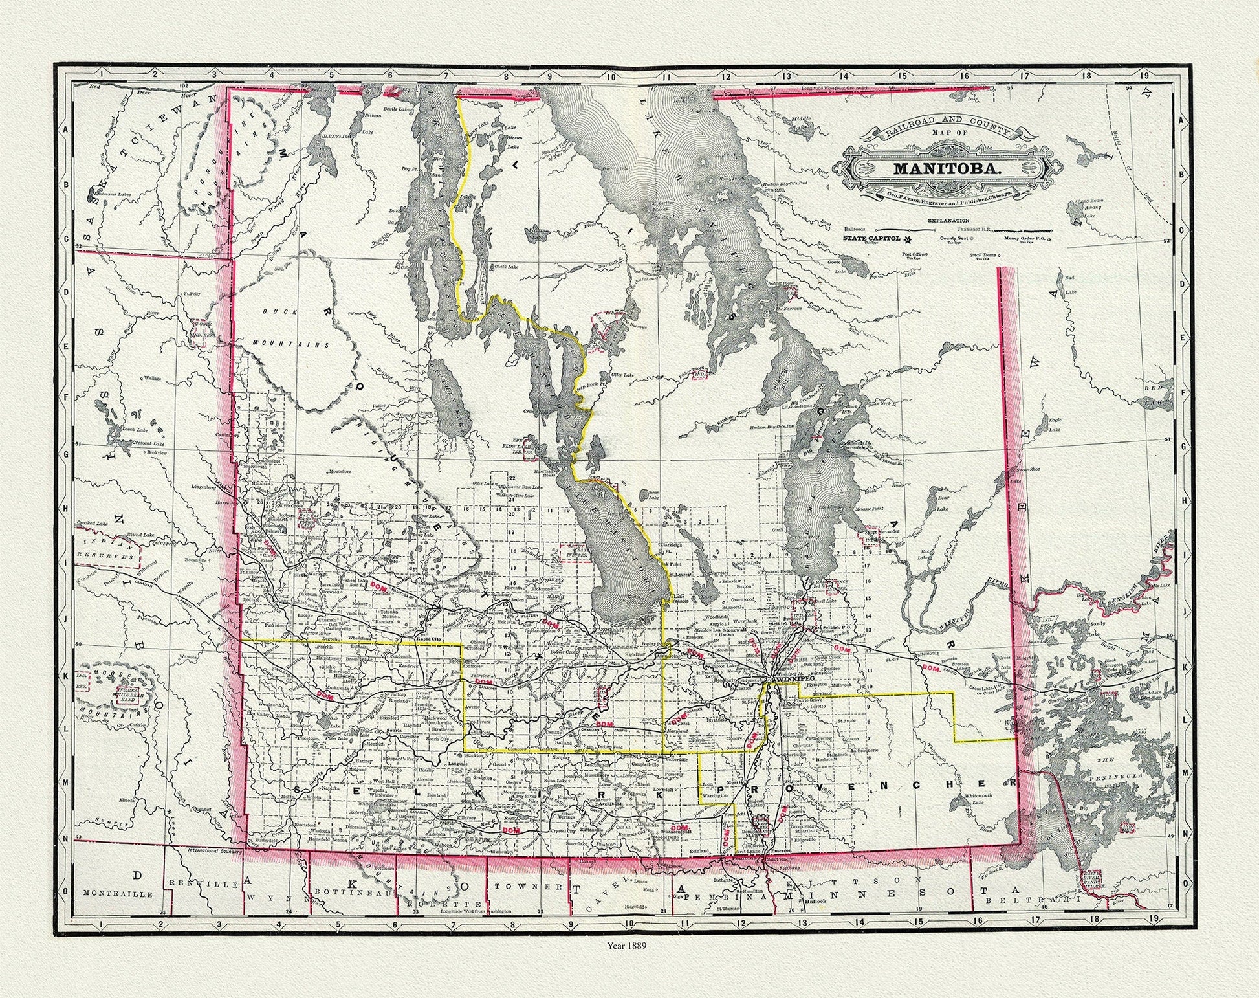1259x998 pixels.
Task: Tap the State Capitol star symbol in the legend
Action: (x=908, y=239)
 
